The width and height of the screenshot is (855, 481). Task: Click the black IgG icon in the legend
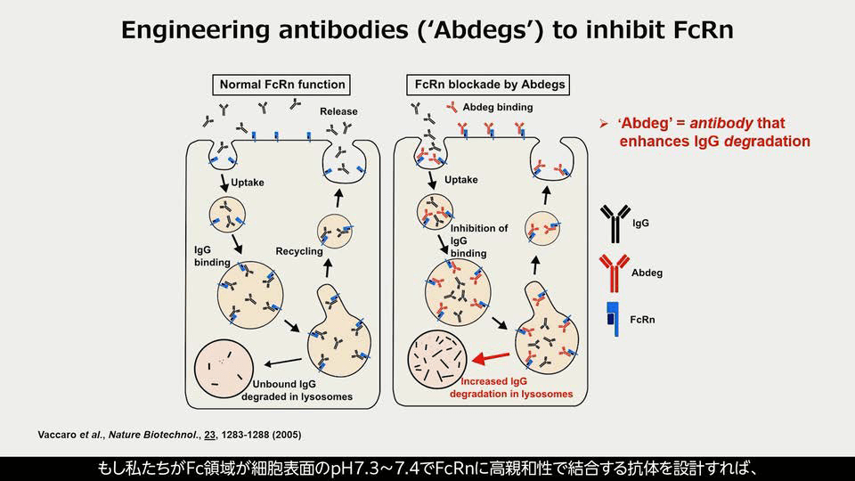[613, 224]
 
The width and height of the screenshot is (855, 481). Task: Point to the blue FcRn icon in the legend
[613, 319]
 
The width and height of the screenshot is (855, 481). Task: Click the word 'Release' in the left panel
[338, 112]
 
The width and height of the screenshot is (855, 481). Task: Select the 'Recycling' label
[298, 251]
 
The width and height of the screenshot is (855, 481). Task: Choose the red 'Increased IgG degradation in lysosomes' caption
[512, 387]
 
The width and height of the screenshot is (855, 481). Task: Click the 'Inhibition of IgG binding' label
[478, 240]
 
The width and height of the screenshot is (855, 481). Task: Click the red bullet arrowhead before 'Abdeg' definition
[603, 124]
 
